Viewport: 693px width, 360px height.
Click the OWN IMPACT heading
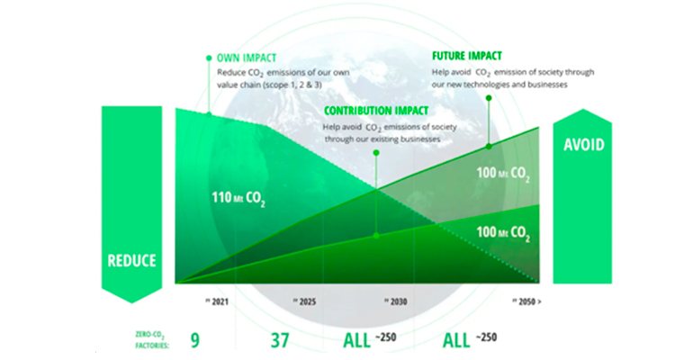point(245,57)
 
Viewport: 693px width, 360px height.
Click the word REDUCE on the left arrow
point(131,261)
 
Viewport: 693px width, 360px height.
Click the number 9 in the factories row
point(193,340)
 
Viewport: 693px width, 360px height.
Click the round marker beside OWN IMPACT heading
point(210,57)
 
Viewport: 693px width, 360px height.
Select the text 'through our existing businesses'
point(379,139)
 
